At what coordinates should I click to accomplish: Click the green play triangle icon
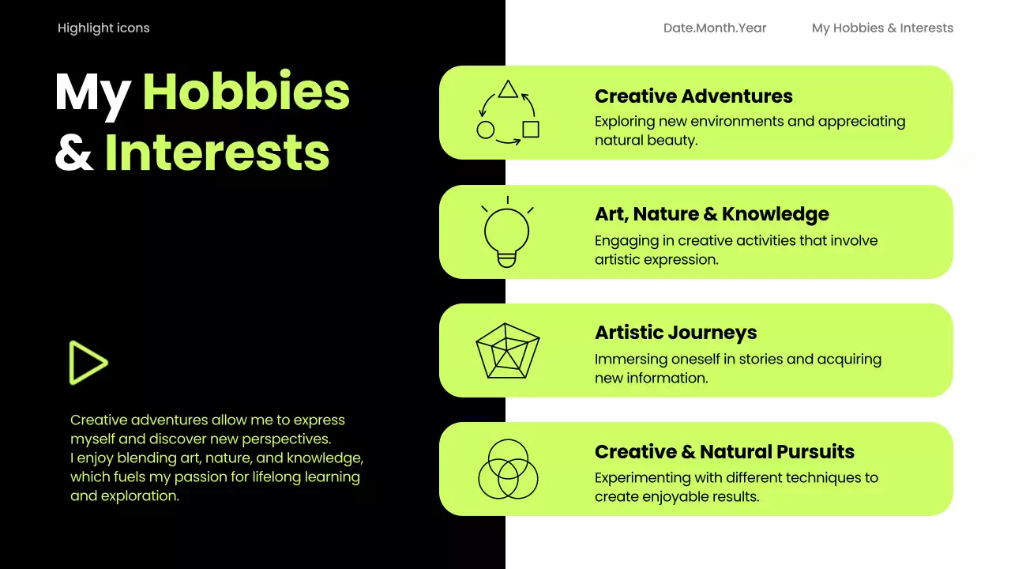[87, 363]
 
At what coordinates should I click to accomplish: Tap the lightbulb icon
[506, 234]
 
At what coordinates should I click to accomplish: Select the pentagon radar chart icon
[507, 351]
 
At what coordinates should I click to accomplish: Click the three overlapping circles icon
[508, 469]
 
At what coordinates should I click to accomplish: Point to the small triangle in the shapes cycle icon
[508, 89]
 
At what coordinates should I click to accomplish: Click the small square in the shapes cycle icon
[531, 129]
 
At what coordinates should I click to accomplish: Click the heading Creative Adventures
[693, 96]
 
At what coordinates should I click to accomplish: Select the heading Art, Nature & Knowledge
[712, 214]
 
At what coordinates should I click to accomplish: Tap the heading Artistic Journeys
[675, 333]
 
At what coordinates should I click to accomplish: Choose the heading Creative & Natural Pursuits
[724, 452]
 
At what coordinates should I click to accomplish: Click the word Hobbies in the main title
[246, 92]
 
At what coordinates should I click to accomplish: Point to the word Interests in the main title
[217, 152]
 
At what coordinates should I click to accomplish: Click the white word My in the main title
[92, 93]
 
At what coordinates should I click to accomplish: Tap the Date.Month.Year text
[715, 28]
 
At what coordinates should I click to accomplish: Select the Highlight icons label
[103, 28]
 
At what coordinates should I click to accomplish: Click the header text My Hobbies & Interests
[882, 28]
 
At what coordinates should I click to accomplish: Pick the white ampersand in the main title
[74, 153]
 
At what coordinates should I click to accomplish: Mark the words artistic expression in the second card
[656, 259]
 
